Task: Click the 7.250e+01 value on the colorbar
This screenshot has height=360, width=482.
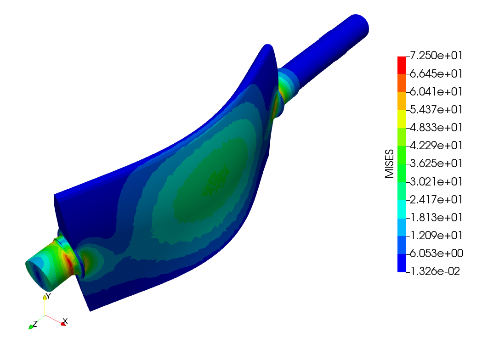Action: tap(436, 56)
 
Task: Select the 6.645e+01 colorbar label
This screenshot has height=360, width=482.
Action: tap(436, 74)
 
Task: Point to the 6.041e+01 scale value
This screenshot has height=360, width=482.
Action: tap(436, 91)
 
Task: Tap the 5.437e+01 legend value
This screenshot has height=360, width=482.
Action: tap(436, 109)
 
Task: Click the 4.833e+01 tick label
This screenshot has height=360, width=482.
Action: tap(436, 127)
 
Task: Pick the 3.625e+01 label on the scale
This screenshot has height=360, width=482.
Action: tap(436, 163)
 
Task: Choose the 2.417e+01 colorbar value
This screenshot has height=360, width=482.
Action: tap(436, 200)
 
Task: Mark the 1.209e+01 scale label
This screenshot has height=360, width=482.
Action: tap(436, 235)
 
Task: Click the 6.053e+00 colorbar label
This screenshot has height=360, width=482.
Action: tap(437, 253)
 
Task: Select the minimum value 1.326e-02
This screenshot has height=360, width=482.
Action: tap(435, 271)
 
